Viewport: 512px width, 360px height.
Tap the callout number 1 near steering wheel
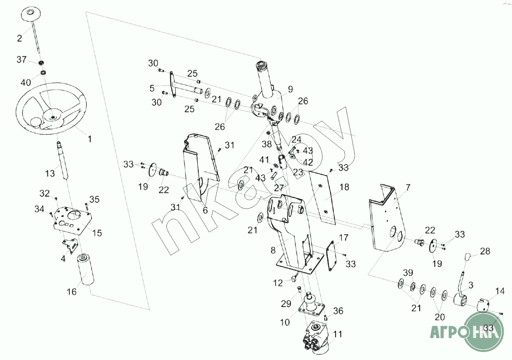click(90, 139)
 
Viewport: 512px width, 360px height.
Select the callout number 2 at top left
click(19, 38)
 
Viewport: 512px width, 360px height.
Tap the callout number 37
click(21, 60)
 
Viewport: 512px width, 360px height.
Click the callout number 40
click(25, 82)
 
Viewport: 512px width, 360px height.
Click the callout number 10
click(285, 322)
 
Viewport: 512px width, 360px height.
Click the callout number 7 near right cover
click(408, 187)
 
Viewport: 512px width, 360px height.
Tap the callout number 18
click(344, 187)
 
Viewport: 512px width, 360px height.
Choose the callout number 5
click(152, 87)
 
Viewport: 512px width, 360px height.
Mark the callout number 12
click(278, 283)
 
